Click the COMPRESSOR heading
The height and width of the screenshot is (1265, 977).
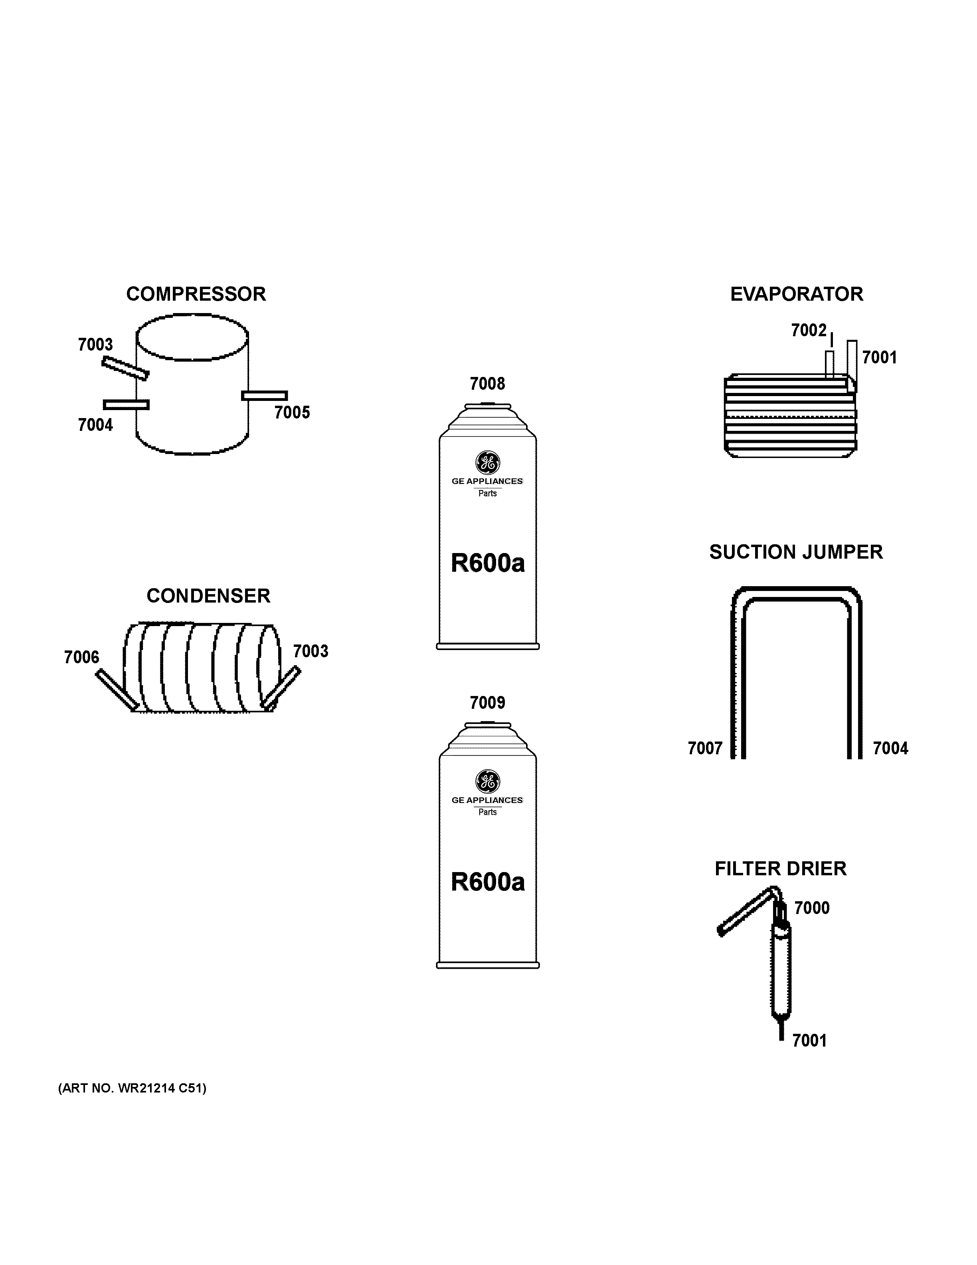pos(196,294)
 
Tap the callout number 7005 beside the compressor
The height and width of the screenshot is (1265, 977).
pos(292,412)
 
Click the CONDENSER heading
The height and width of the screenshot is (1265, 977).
pos(208,596)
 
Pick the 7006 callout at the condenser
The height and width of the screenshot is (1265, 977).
pos(81,657)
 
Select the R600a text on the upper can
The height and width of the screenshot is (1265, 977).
pos(487,563)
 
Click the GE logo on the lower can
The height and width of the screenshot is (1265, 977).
pos(487,782)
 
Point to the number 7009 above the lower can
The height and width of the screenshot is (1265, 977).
pos(487,703)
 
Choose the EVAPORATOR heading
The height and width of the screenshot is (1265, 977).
pos(797,294)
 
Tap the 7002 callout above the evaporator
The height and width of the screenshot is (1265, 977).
pos(809,330)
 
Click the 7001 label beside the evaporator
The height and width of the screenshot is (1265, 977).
pos(879,357)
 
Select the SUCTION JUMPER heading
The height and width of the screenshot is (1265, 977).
pos(796,552)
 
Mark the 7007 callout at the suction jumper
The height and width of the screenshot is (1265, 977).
pos(705,748)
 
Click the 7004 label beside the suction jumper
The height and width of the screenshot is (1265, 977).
pos(890,748)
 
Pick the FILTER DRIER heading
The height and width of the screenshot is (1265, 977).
pos(780,869)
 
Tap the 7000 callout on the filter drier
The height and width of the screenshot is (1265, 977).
pos(811,908)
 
